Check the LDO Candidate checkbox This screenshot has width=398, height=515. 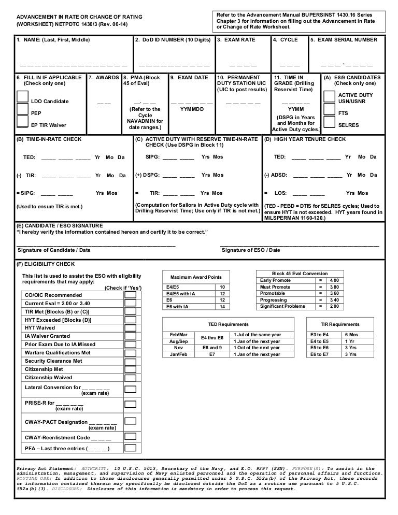22,97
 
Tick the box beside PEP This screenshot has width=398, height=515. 22,109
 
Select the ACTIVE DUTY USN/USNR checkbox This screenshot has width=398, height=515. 329,97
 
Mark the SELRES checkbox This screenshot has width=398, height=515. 329,123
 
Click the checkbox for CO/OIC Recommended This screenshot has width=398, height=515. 130,295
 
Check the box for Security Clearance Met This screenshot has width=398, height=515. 130,361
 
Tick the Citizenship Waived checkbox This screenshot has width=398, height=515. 130,378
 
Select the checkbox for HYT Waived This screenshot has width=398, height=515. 130,328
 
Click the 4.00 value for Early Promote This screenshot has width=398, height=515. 334,280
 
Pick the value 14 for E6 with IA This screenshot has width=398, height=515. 222,307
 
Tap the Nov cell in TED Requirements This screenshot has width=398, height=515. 179,348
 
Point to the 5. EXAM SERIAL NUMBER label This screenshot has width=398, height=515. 344,40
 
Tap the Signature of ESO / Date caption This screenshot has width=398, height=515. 251,250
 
